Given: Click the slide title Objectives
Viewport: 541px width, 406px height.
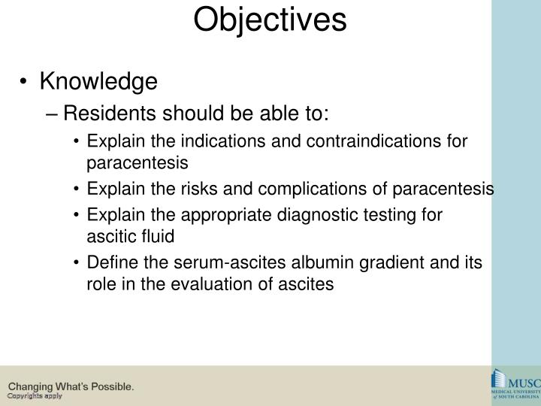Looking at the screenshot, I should (x=270, y=20).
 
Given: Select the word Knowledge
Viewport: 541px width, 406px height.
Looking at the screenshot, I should (x=98, y=81).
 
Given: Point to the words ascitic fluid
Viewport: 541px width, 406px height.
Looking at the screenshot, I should (x=129, y=236).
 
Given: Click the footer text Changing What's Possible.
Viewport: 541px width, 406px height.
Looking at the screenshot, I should (x=71, y=386).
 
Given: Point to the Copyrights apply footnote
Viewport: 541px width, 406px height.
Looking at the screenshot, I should (x=35, y=396).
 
